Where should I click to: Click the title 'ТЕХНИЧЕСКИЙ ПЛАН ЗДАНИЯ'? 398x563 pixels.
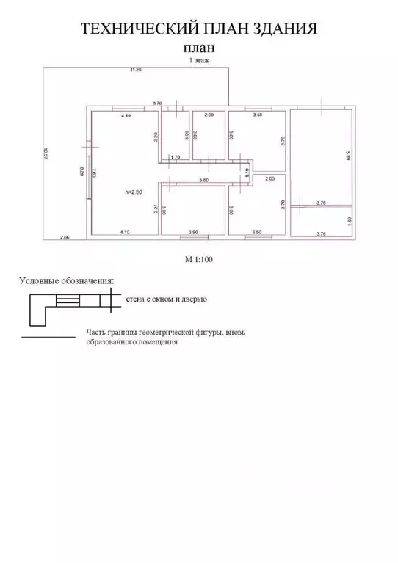pyautogui.click(x=198, y=29)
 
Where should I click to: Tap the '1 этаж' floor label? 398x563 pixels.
pyautogui.click(x=199, y=62)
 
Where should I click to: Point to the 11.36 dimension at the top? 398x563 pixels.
pyautogui.click(x=134, y=70)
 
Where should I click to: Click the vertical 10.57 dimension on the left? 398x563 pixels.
pyautogui.click(x=47, y=155)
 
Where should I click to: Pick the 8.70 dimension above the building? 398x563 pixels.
pyautogui.click(x=157, y=104)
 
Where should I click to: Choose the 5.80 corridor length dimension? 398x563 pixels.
pyautogui.click(x=203, y=180)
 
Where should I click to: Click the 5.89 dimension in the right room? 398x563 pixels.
pyautogui.click(x=349, y=156)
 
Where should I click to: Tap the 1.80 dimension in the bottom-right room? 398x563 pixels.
pyautogui.click(x=349, y=220)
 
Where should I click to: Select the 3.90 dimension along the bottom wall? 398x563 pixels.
pyautogui.click(x=193, y=232)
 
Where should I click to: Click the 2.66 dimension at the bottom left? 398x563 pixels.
pyautogui.click(x=65, y=237)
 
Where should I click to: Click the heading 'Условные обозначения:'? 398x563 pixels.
pyautogui.click(x=67, y=280)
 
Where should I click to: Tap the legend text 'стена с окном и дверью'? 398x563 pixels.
pyautogui.click(x=167, y=299)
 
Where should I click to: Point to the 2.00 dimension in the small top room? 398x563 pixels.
pyautogui.click(x=209, y=116)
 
